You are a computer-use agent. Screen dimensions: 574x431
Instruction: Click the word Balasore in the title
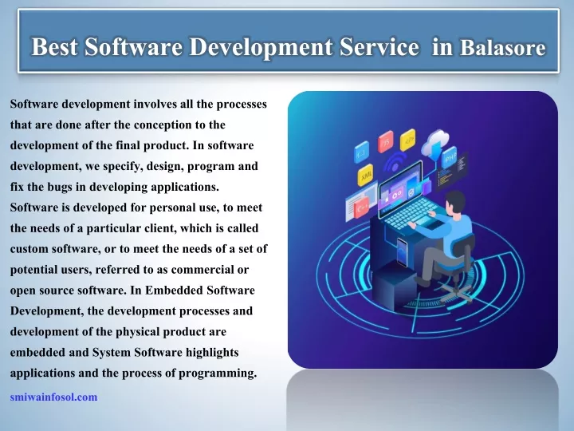coord(502,47)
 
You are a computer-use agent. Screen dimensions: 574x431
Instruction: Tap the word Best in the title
coord(54,47)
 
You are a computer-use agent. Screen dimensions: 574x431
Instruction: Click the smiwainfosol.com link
coord(54,397)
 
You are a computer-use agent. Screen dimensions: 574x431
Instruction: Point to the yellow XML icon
coord(365,175)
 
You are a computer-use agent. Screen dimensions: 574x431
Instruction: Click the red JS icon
coord(386,141)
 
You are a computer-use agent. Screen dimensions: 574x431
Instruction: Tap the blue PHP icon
coord(450,158)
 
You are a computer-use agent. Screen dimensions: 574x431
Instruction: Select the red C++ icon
coord(361,208)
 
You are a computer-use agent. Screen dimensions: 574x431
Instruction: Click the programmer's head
coord(456,204)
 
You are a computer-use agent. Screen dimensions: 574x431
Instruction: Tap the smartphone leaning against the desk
coord(402,251)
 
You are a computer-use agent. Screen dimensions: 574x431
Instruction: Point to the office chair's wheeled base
coord(456,291)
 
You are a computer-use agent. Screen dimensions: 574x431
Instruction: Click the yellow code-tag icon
coord(407,140)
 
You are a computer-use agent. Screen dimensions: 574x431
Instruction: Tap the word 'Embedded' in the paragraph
coord(174,291)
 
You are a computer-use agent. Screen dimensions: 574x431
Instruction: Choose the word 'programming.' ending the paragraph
coord(218,374)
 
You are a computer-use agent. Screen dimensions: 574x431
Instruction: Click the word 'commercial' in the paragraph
coord(202,270)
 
